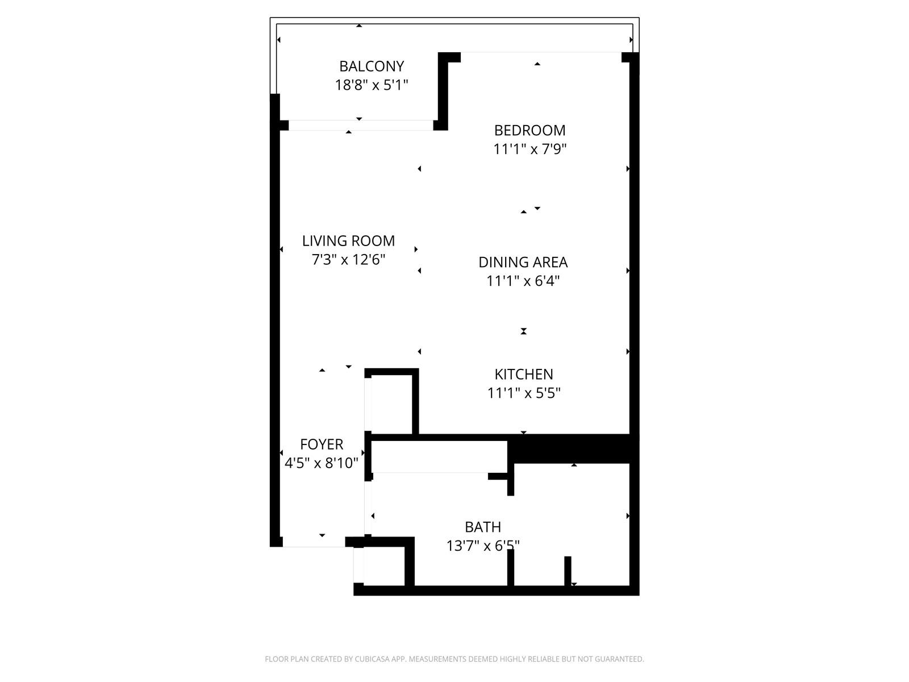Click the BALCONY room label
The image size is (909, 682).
[x=372, y=66]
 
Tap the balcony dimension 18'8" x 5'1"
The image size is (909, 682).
[x=372, y=85]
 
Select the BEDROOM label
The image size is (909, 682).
[x=529, y=131]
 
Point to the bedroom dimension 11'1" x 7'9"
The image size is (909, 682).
[x=529, y=149]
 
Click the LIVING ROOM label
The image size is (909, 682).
[x=348, y=240]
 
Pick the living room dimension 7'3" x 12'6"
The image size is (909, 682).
[x=348, y=260]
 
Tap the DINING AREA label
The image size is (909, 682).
[x=523, y=262]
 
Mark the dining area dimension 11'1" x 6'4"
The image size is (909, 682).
[x=523, y=281]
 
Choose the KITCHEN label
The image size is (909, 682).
[x=524, y=375]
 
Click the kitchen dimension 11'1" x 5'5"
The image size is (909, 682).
[x=524, y=393]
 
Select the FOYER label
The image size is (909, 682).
[x=322, y=444]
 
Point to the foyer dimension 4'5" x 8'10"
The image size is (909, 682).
[x=322, y=463]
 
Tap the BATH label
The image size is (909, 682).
[x=483, y=527]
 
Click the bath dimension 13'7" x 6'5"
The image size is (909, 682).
[x=483, y=546]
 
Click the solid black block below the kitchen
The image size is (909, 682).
[x=573, y=449]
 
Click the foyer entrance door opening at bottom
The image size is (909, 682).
[x=314, y=542]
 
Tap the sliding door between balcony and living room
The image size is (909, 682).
[x=361, y=125]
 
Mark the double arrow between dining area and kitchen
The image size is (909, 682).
[x=523, y=331]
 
